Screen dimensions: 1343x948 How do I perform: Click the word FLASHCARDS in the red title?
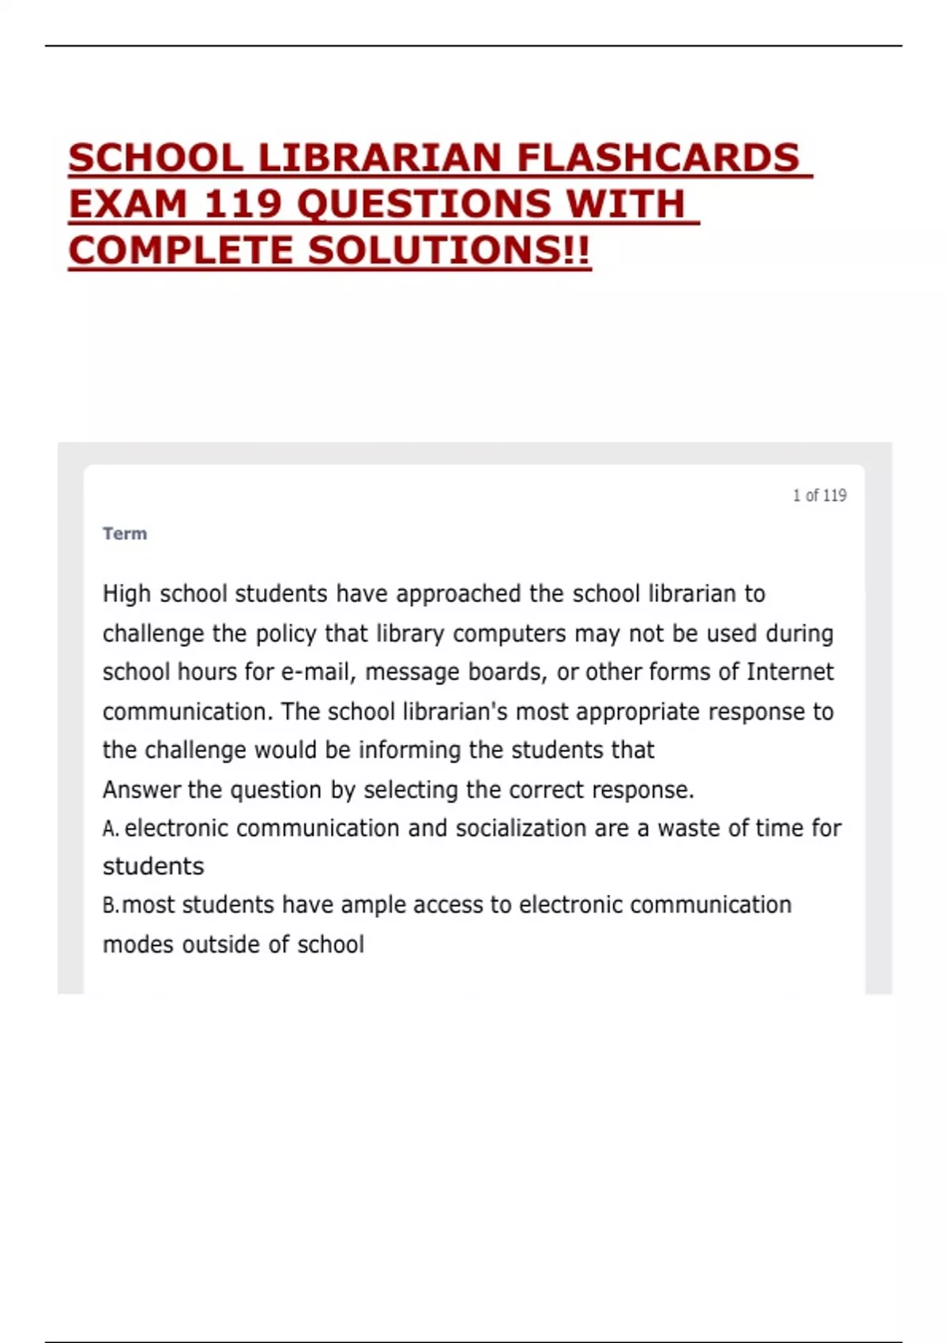tap(658, 157)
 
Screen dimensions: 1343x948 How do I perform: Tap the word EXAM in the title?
tap(128, 204)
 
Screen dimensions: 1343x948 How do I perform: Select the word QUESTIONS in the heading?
tap(423, 204)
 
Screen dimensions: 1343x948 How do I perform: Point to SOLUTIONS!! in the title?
tap(449, 250)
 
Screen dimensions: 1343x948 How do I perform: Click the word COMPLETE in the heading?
tap(181, 250)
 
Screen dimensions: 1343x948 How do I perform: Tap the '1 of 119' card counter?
tap(819, 495)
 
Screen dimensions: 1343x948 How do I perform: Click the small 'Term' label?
tap(125, 533)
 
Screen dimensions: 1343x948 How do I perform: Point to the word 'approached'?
tap(458, 594)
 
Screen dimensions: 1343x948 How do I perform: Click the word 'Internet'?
tap(789, 672)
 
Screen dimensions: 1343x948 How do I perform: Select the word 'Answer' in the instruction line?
tap(141, 789)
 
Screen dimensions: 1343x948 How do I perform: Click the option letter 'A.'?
tap(111, 829)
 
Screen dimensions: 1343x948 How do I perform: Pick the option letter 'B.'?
tap(111, 905)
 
